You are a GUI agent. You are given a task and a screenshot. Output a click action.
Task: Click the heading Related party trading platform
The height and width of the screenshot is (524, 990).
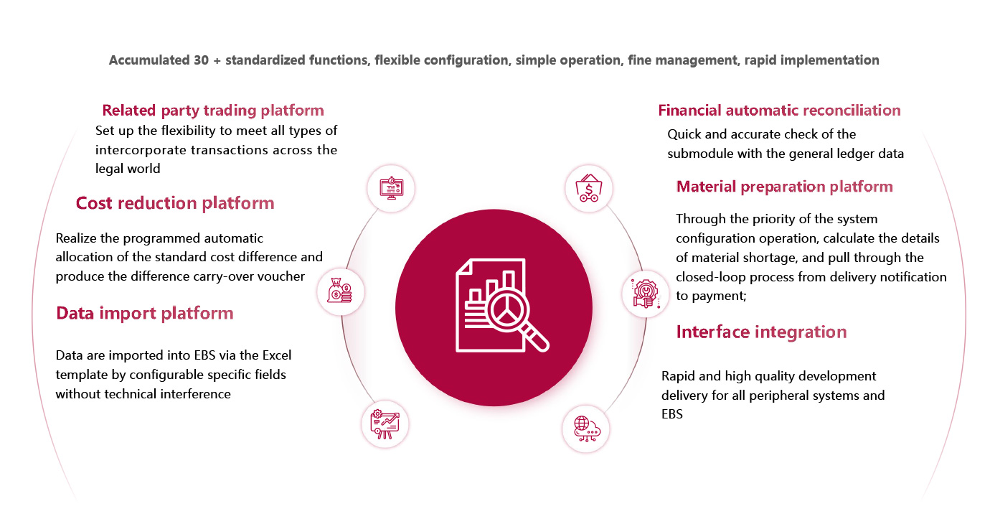pyautogui.click(x=213, y=111)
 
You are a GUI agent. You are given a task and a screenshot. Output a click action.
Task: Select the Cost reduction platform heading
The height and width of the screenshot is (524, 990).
pyautogui.click(x=175, y=203)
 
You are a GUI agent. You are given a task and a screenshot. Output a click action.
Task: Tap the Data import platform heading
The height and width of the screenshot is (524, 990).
pyautogui.click(x=145, y=313)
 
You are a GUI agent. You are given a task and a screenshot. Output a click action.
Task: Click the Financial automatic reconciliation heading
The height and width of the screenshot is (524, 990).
pyautogui.click(x=779, y=111)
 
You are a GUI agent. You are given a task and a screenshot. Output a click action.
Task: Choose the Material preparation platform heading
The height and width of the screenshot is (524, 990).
pyautogui.click(x=784, y=187)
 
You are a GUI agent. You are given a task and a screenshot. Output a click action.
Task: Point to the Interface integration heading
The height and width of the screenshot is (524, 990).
pyautogui.click(x=761, y=332)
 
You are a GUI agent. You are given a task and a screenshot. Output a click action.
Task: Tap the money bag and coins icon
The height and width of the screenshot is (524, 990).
pyautogui.click(x=341, y=292)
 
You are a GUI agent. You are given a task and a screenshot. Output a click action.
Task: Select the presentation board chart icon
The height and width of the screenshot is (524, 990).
pyautogui.click(x=385, y=424)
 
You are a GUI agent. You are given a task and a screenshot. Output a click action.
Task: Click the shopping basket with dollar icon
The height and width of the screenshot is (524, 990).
pyautogui.click(x=587, y=189)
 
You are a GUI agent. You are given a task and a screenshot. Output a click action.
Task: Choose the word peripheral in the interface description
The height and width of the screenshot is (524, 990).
pyautogui.click(x=781, y=396)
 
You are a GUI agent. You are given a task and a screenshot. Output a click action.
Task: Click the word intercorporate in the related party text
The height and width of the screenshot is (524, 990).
pyautogui.click(x=136, y=150)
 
